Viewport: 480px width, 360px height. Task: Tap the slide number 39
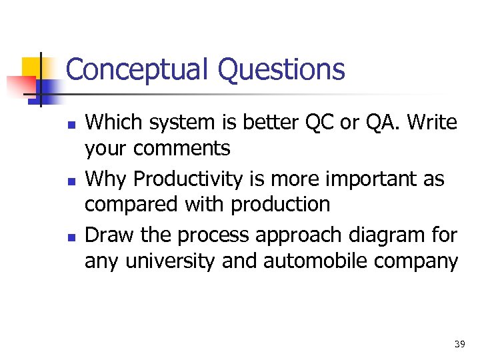459,344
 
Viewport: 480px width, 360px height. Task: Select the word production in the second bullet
280,205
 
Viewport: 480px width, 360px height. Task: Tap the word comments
181,149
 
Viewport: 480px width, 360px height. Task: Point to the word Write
432,123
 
